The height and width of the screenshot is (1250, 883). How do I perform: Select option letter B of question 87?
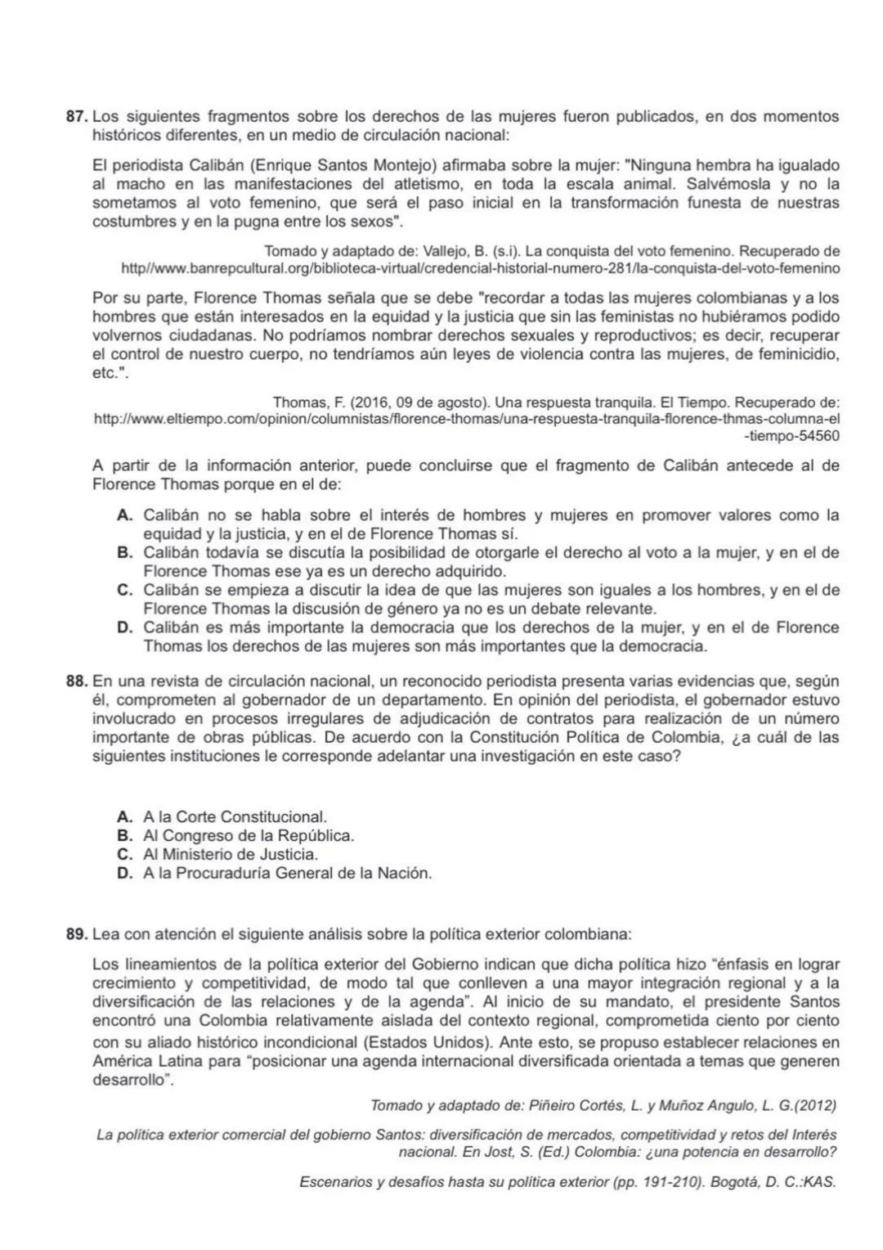[x=125, y=553]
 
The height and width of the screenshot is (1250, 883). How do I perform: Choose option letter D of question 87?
[x=125, y=628]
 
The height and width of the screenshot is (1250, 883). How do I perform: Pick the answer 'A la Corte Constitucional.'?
[x=235, y=817]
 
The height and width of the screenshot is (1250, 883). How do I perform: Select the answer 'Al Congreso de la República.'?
[x=249, y=836]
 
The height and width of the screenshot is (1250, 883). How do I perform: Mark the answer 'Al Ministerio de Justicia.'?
[x=230, y=855]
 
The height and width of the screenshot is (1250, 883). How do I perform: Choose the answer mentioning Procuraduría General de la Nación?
[x=287, y=874]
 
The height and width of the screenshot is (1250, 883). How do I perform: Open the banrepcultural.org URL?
[x=480, y=268]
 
